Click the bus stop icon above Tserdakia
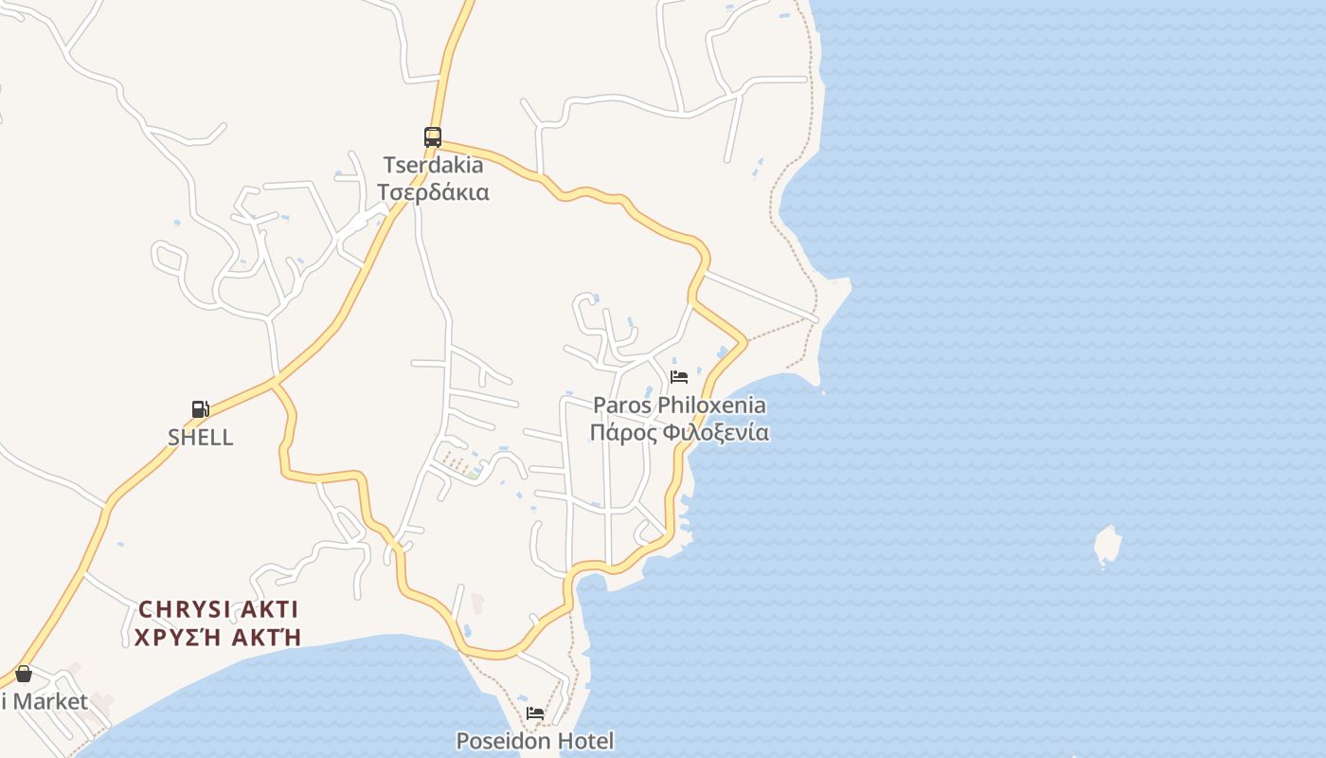(433, 136)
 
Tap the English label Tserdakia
(433, 165)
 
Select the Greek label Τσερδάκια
(433, 192)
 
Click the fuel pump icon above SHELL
(200, 409)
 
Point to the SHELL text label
(200, 438)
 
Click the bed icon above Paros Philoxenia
(678, 377)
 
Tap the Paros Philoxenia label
(679, 406)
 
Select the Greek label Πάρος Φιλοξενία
(679, 433)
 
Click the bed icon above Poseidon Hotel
(535, 713)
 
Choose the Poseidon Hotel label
(535, 741)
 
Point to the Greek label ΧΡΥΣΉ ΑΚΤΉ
(218, 637)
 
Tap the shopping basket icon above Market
(24, 674)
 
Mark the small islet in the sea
(1106, 546)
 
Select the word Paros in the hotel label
(621, 406)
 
